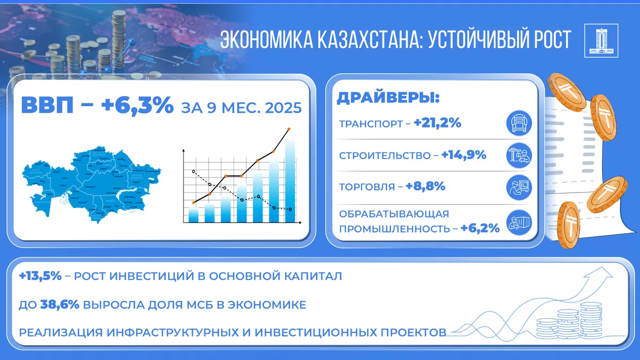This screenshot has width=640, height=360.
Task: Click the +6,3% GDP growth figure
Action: [137, 106]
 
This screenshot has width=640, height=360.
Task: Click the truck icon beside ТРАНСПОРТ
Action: [518, 124]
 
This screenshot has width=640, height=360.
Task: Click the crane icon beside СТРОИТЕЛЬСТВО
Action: [518, 155]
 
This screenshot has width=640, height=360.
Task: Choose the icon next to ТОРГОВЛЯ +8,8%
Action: [518, 187]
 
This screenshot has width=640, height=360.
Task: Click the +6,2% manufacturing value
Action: [480, 228]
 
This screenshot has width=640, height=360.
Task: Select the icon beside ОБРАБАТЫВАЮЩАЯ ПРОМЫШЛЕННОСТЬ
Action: [518, 222]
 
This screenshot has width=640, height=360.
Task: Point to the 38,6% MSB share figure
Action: [60, 305]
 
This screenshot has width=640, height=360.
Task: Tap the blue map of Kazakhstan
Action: [91, 184]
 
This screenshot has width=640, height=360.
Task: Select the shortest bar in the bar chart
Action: [194, 214]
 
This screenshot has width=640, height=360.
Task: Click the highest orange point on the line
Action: [289, 129]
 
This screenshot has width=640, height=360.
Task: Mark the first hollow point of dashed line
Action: [194, 172]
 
